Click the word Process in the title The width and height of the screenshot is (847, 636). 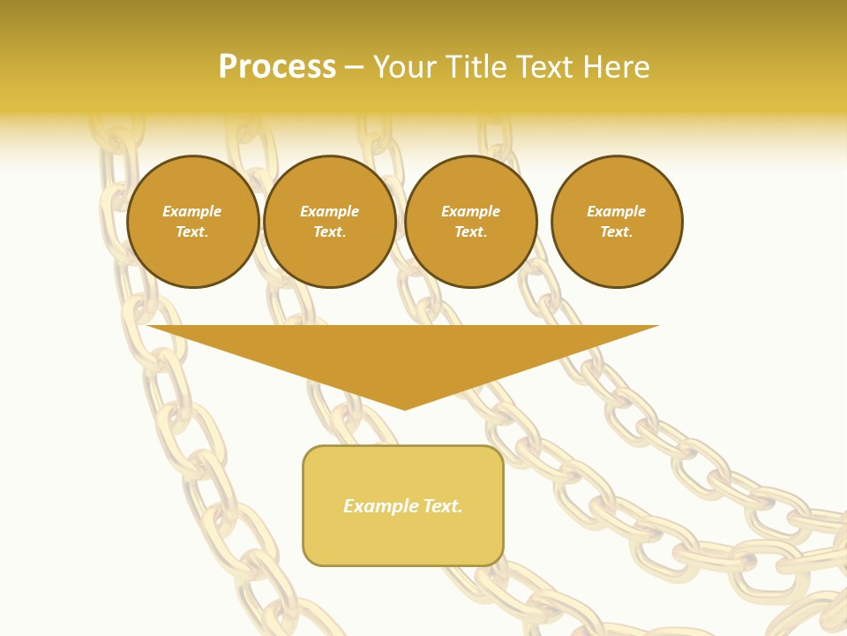click(277, 67)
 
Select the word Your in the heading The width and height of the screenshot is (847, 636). click(405, 67)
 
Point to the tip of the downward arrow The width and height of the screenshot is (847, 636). click(404, 408)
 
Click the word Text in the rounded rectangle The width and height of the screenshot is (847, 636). click(442, 506)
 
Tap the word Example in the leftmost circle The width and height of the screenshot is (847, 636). click(192, 211)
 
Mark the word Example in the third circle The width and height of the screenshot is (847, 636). click(471, 211)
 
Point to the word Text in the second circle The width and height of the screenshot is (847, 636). click(328, 231)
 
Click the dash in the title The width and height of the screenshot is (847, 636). click(355, 67)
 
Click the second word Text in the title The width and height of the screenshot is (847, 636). click(541, 67)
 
